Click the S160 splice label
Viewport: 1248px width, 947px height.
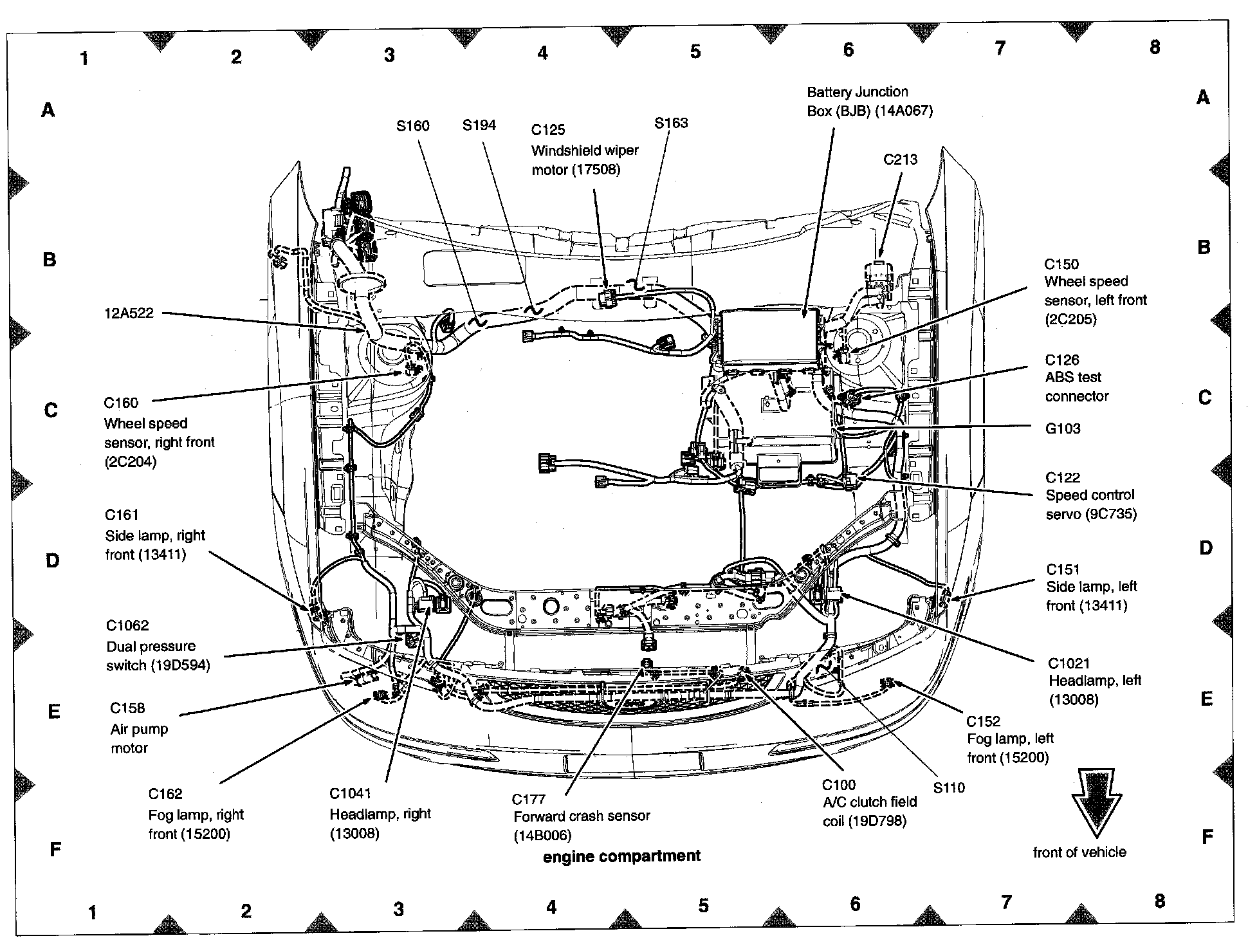412,126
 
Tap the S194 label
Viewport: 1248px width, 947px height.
479,125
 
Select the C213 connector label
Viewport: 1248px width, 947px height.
900,160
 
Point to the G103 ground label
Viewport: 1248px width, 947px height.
1062,428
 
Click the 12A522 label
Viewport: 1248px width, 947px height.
129,313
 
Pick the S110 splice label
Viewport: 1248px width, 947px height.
949,787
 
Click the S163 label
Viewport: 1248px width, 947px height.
671,123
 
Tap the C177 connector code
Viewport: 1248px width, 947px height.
529,799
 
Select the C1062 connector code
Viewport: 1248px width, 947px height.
127,625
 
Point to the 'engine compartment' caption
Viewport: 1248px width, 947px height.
621,856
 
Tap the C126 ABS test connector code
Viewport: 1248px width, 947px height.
1061,360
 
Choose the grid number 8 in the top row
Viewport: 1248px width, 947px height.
1155,47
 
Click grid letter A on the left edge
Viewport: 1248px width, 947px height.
48,110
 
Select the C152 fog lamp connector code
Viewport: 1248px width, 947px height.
983,721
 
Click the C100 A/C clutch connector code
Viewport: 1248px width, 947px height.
839,785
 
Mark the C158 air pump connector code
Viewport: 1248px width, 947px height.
127,708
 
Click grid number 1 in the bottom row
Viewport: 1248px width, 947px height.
93,913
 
